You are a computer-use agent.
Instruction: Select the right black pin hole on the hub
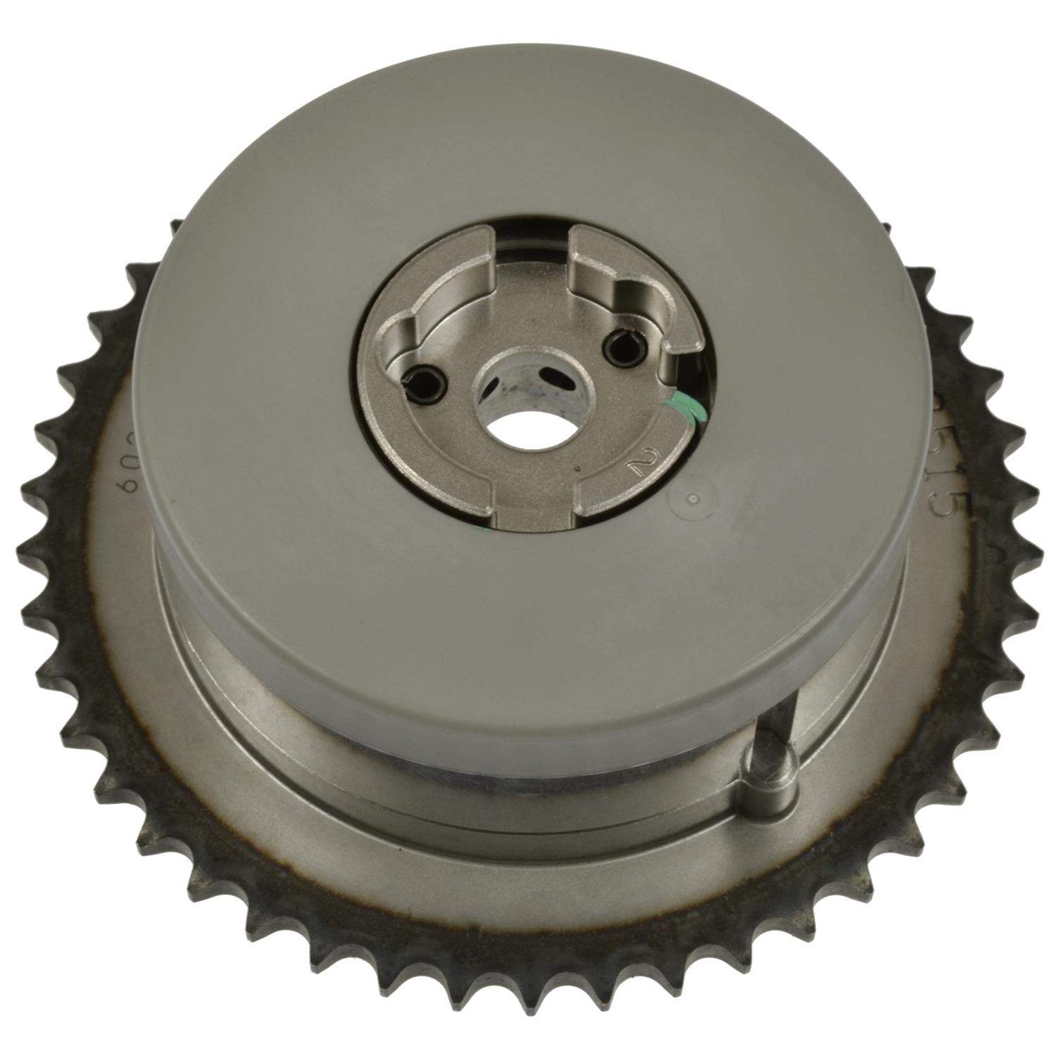[620, 342]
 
